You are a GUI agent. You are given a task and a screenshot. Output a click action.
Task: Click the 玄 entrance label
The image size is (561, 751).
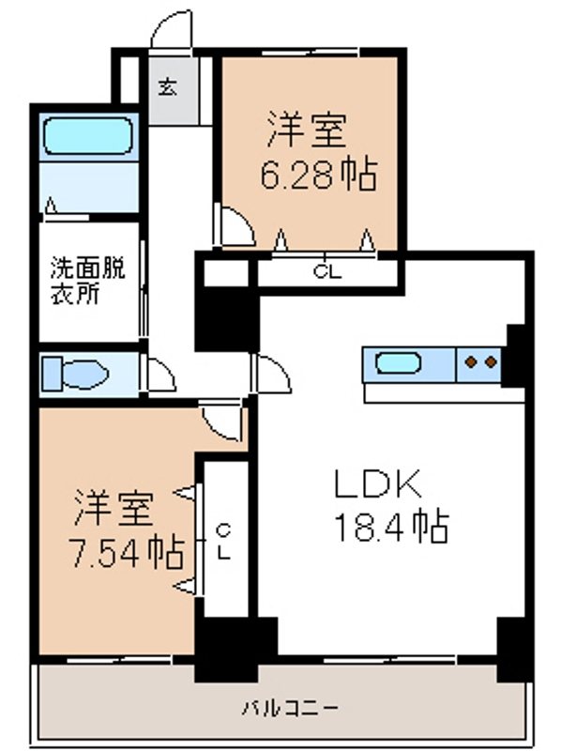click(167, 88)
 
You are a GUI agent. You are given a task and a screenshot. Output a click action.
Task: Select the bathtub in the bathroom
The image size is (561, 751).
click(91, 137)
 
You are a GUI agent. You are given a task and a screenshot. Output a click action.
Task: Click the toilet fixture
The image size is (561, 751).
click(77, 373)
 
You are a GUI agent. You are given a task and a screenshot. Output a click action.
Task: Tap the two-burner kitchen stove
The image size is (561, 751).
click(480, 361)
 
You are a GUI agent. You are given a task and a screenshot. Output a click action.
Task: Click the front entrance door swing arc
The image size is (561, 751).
click(172, 29)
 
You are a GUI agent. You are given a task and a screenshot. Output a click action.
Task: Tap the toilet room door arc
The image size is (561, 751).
click(162, 376)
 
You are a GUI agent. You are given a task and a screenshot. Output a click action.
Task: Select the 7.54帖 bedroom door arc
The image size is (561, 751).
click(223, 421)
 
